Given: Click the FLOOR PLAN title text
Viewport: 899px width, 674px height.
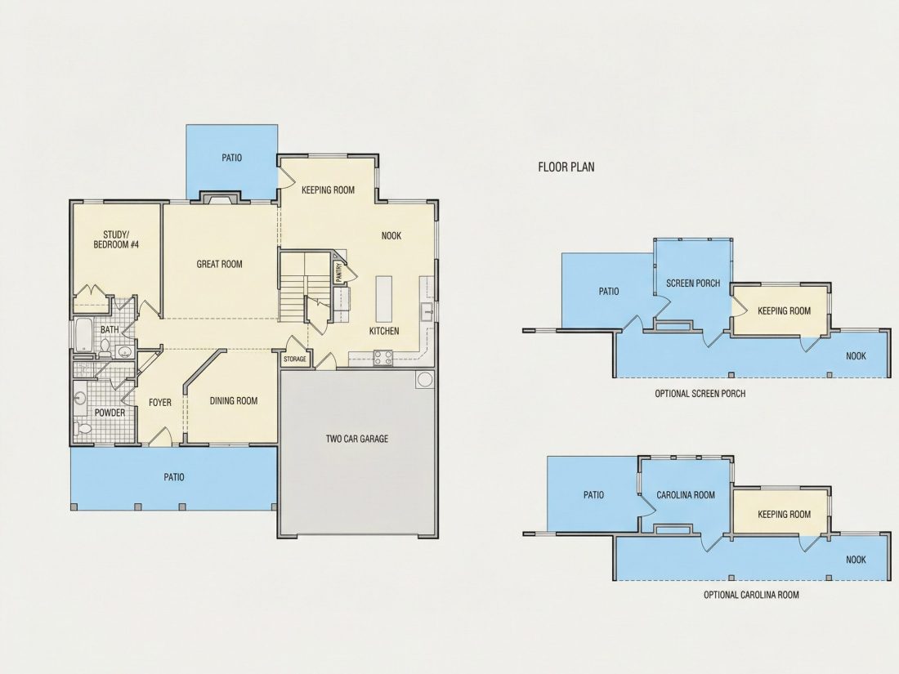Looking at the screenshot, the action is coord(566,167).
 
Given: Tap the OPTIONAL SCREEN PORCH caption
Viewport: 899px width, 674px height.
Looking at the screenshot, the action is coord(700,394).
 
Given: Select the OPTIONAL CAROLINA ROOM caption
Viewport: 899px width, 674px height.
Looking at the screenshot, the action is coord(751,595).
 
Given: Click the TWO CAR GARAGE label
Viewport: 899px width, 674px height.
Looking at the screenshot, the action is coord(357,439).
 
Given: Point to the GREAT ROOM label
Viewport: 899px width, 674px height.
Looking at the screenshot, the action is coord(220,264).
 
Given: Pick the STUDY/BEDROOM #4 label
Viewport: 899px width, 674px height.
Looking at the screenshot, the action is coord(116,239).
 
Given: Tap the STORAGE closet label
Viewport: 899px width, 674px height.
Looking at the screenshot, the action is coord(295,359).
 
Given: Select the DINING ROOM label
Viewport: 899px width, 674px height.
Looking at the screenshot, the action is coord(234,401).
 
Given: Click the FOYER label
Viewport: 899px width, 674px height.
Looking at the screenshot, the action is coord(160,402).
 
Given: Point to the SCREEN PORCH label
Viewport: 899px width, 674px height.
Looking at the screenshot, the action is coord(693,283).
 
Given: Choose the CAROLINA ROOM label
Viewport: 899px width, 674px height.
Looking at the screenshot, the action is coord(686,495).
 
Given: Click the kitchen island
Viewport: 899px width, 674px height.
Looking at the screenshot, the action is coord(384,299).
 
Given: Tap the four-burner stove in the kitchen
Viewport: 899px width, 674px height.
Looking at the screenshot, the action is coord(383,358).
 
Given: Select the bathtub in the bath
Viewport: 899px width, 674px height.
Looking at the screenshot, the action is coord(83,335).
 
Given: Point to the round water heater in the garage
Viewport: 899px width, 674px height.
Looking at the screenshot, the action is coord(425,379).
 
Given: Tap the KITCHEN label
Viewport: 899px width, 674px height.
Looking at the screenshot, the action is coord(383,331).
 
